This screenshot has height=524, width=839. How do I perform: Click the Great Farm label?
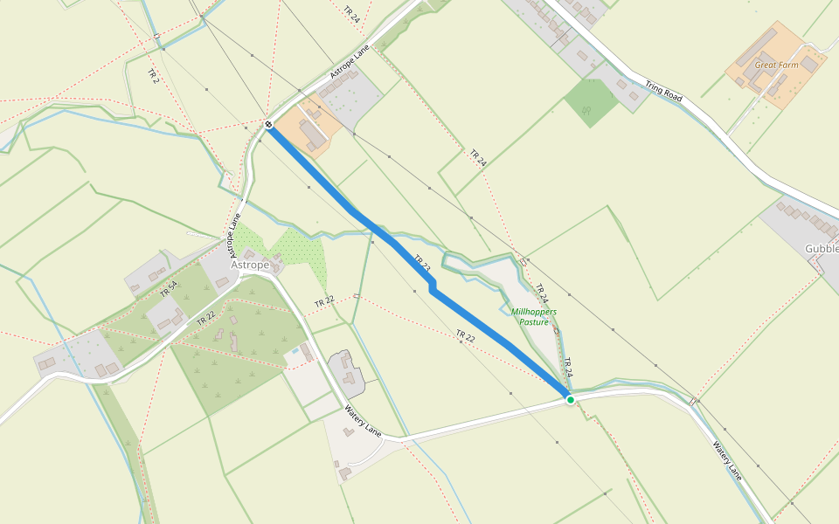pos(777,65)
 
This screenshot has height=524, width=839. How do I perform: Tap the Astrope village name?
pos(250,265)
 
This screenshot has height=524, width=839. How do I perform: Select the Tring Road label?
pos(662,87)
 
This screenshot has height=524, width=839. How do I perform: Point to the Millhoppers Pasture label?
pos(534,316)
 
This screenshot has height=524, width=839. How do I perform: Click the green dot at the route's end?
pos(571,399)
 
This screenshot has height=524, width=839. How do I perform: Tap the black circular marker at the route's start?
pos(269,125)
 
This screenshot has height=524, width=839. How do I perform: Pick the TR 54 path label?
pos(169,289)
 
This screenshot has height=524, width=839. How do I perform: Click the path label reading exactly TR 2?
pos(154,76)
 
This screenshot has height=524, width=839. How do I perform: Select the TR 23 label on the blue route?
pos(422,264)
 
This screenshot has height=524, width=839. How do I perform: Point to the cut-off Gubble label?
pos(821,248)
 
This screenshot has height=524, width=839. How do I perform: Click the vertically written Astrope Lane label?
pos(235,240)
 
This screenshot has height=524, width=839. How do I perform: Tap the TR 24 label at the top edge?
pos(352,13)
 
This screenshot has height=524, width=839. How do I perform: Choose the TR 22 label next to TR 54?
pos(206,318)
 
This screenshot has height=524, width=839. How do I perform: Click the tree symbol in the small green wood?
pos(586,111)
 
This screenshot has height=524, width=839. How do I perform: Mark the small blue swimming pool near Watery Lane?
pos(308,355)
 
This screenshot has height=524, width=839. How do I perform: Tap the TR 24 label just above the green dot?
pos(567,368)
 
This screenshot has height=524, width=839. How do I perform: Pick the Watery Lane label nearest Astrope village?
pos(363,421)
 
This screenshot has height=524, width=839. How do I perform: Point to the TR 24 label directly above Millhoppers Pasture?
pos(541,293)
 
